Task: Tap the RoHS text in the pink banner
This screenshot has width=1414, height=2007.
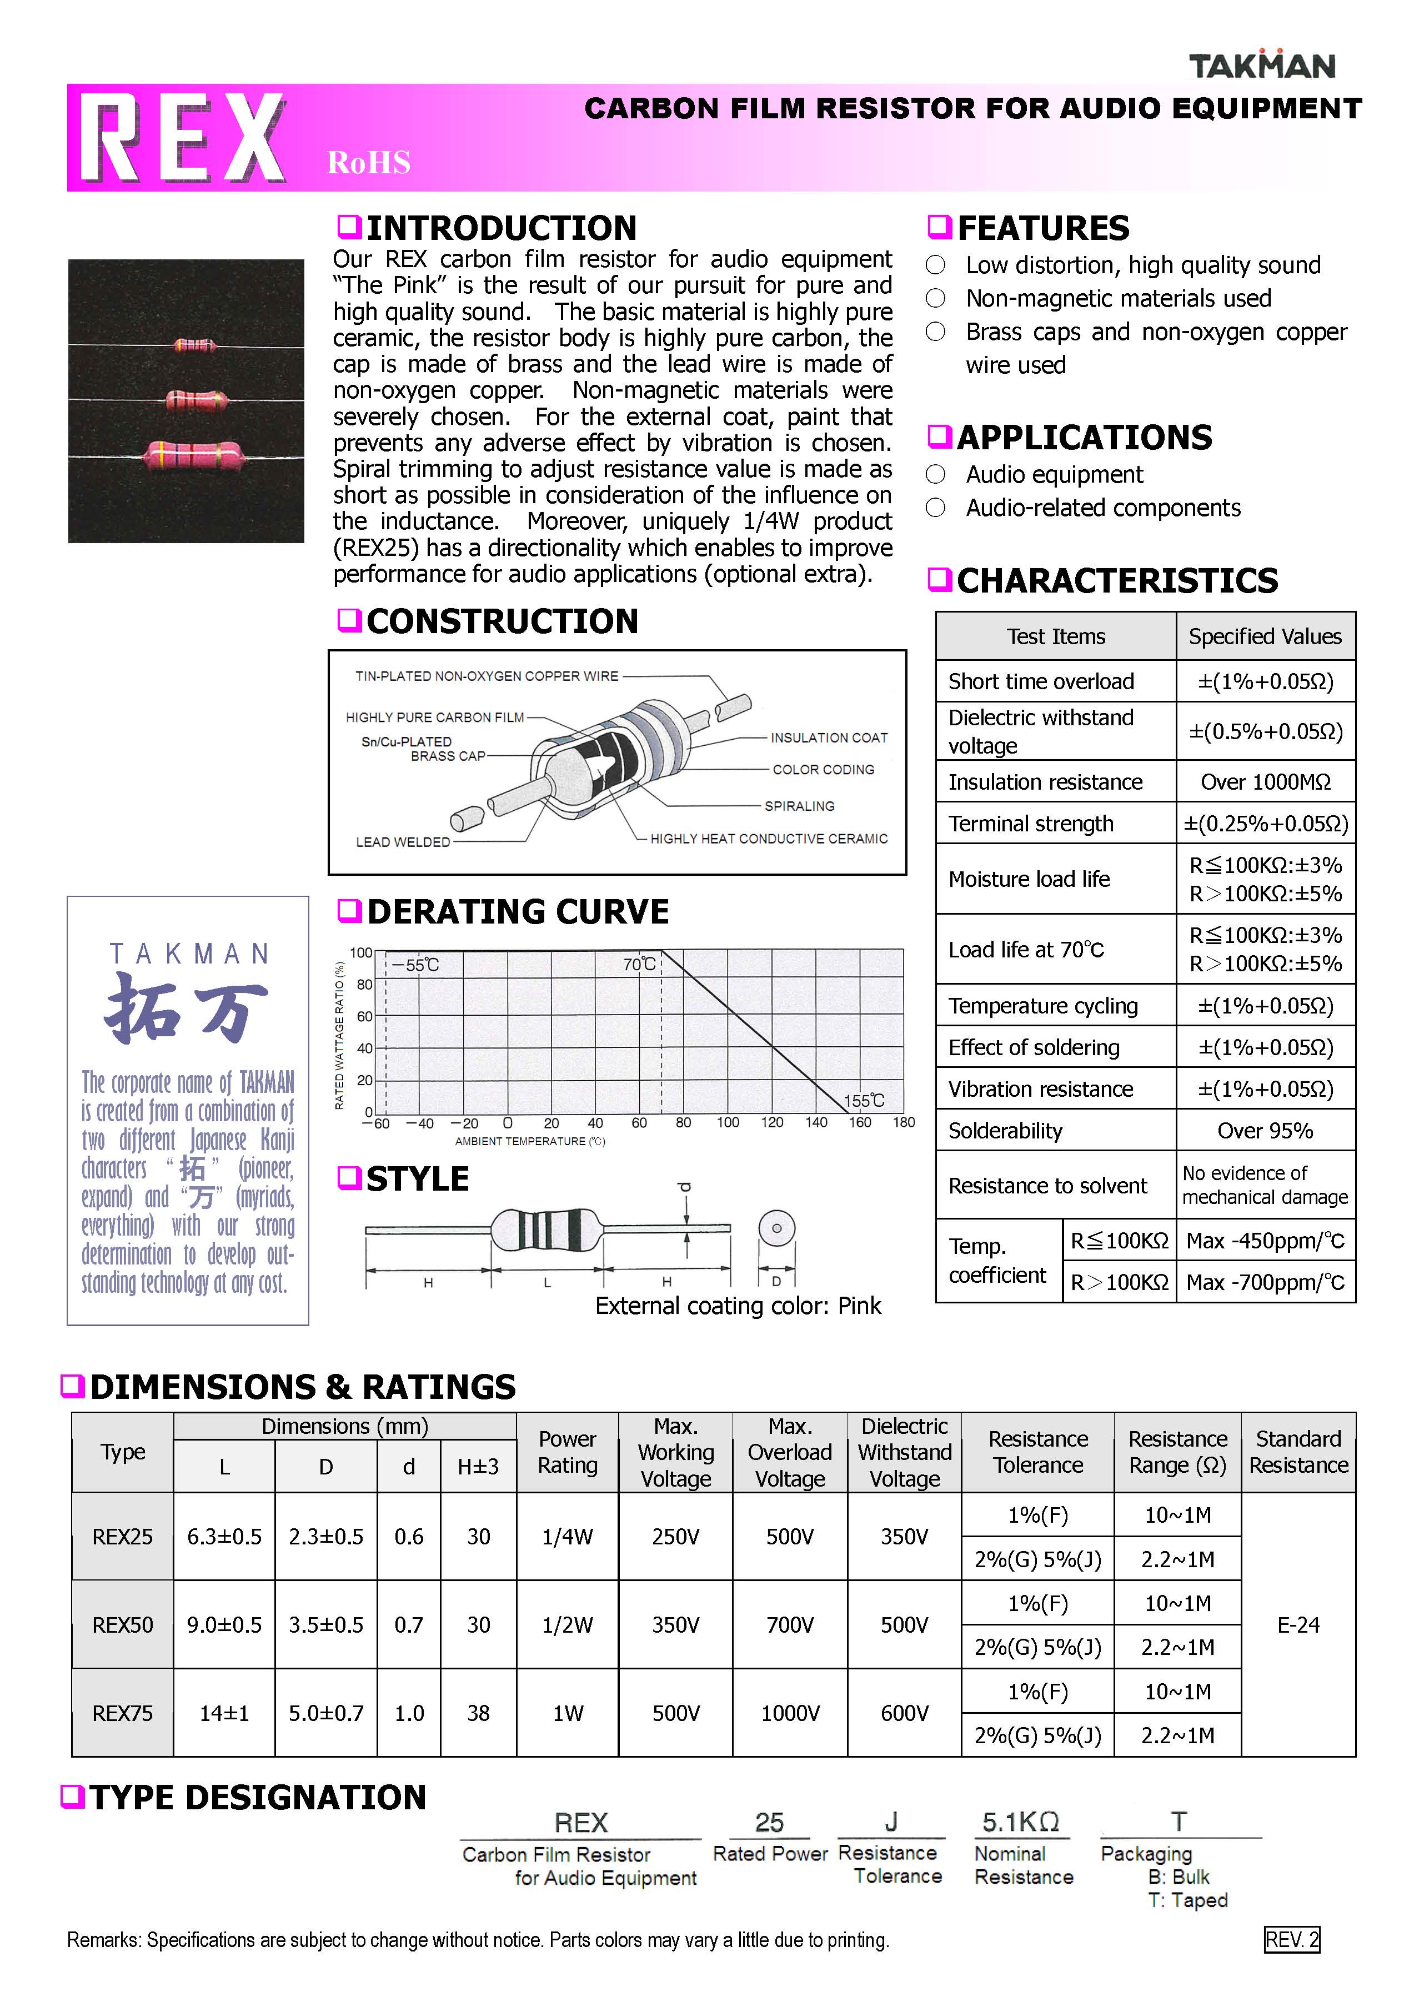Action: [x=368, y=163]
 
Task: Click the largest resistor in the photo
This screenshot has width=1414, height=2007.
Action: [x=192, y=455]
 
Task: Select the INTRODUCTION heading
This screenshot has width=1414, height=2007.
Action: [x=501, y=228]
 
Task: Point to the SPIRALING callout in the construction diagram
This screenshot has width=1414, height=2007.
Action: [x=799, y=806]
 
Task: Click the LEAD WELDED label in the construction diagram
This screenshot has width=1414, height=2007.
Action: [x=402, y=842]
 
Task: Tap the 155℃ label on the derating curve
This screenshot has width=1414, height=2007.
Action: [x=864, y=1101]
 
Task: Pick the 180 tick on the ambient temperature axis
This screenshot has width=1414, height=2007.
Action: [x=903, y=1122]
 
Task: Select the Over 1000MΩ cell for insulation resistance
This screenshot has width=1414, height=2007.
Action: [x=1265, y=781]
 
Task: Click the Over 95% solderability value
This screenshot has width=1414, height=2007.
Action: [x=1265, y=1131]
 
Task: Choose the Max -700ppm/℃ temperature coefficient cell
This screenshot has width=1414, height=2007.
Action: [x=1265, y=1282]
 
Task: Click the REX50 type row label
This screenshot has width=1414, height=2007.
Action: [x=122, y=1625]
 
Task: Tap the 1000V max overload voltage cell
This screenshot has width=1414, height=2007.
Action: [x=790, y=1713]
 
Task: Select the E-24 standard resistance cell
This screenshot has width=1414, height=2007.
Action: [x=1298, y=1625]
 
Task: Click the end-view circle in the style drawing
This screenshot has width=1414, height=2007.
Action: [x=776, y=1228]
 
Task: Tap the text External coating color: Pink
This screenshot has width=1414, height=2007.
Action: [x=738, y=1306]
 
